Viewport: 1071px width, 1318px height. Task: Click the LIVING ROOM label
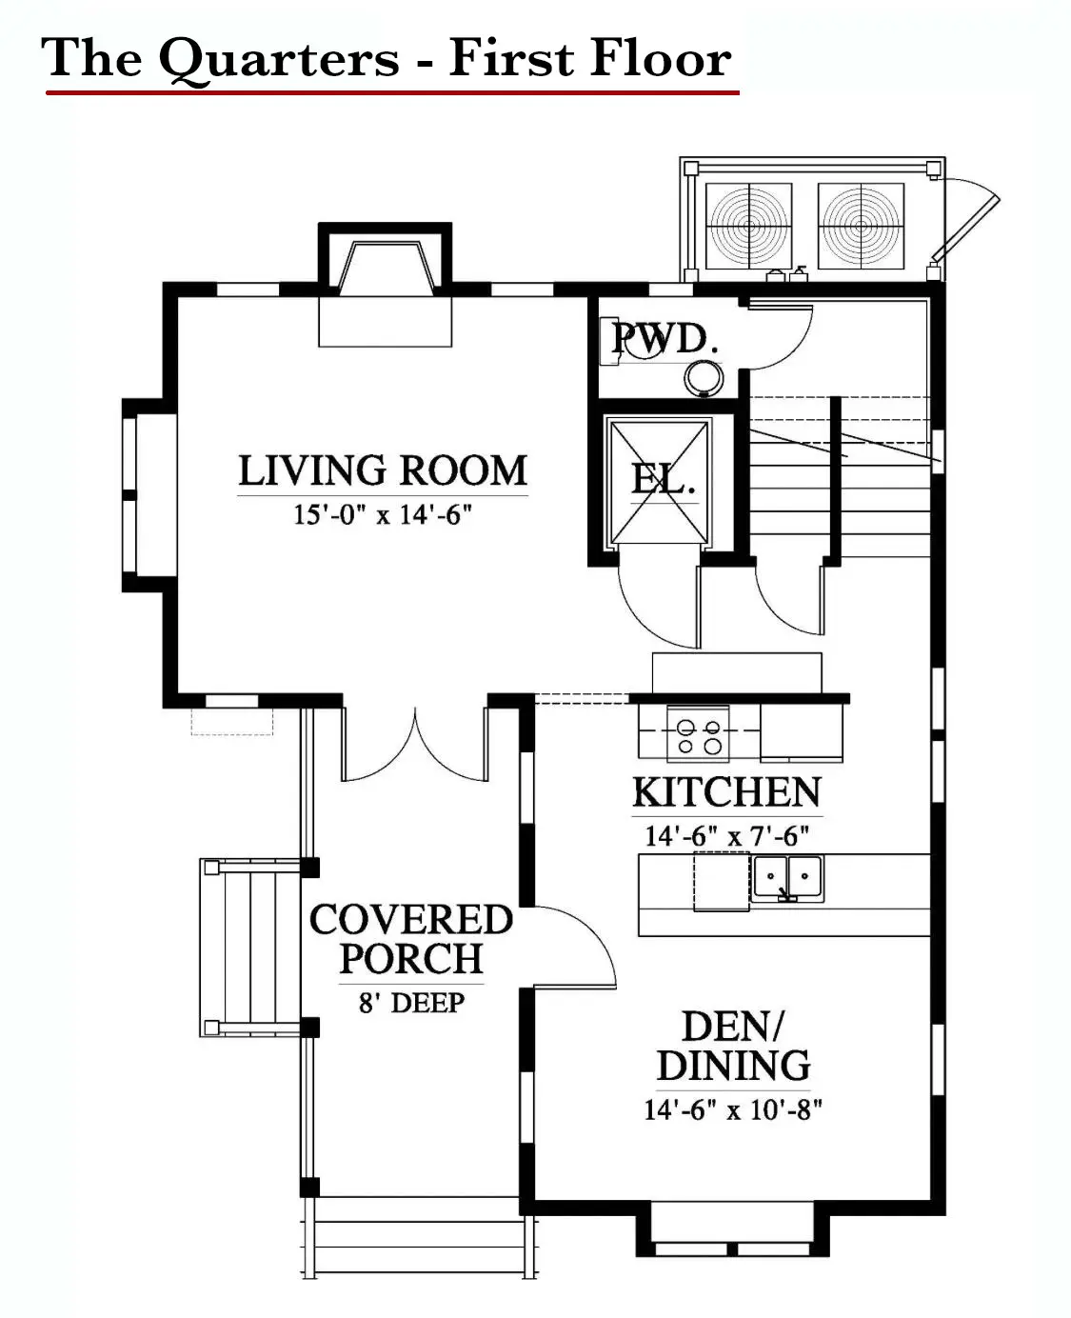[x=383, y=470]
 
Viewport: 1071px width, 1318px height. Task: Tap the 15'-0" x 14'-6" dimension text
[x=382, y=515]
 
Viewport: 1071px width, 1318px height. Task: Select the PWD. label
[x=665, y=339]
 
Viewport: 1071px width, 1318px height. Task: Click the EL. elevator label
[x=663, y=479]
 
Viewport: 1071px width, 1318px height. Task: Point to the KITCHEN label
[x=726, y=792]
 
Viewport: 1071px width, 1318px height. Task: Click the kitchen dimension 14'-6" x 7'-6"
[x=726, y=836]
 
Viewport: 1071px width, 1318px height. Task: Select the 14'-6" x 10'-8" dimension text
[x=733, y=1110]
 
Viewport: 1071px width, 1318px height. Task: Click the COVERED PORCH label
[x=411, y=939]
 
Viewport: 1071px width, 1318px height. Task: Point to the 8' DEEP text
[x=411, y=1003]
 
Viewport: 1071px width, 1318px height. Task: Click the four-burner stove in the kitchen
[x=698, y=734]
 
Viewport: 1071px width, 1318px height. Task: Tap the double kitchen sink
[x=787, y=878]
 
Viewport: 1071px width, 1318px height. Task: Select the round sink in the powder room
[x=704, y=377]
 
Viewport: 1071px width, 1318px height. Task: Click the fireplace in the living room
[x=385, y=285]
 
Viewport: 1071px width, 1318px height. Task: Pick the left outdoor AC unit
[x=749, y=226]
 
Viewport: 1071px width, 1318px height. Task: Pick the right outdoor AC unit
[x=861, y=226]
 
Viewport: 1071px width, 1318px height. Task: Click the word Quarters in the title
[x=279, y=59]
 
